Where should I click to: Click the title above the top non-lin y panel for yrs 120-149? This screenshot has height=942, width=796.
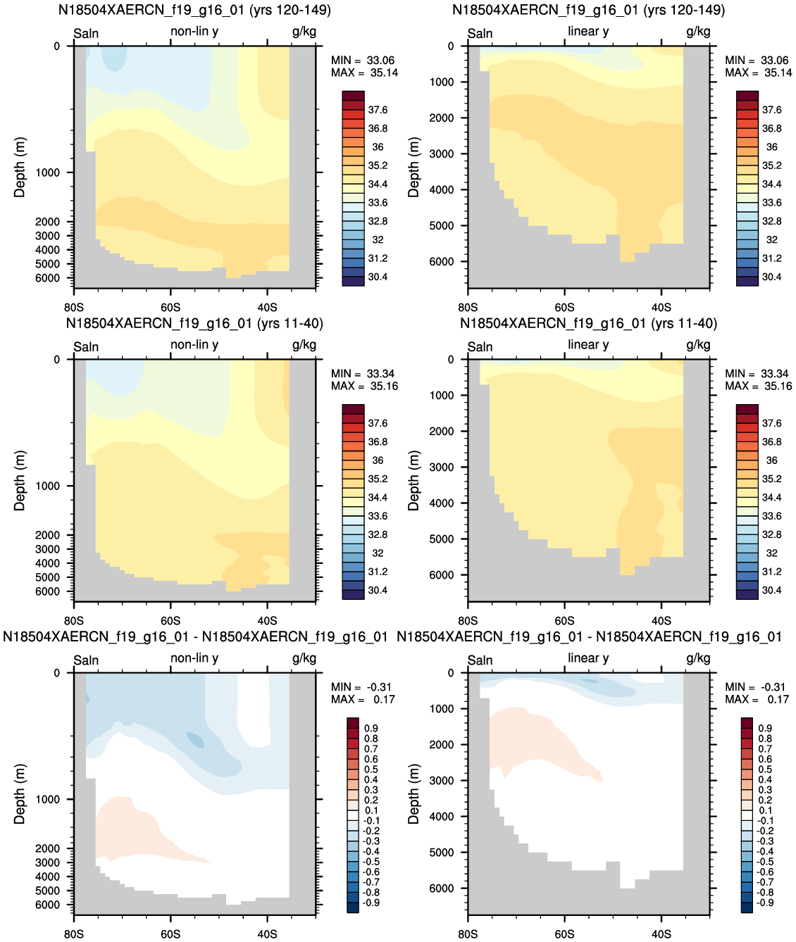click(194, 10)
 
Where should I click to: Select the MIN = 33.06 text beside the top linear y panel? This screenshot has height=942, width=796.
click(758, 61)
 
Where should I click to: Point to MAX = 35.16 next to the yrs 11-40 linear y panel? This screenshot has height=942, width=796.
click(758, 387)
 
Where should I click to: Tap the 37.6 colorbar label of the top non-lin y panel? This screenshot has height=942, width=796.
click(378, 110)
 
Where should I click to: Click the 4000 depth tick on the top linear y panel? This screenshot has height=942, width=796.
click(441, 190)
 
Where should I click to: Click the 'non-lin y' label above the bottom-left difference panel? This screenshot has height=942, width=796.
click(194, 658)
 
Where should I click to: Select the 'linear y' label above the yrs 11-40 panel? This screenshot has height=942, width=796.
click(588, 345)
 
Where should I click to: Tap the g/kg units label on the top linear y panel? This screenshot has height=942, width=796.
click(698, 32)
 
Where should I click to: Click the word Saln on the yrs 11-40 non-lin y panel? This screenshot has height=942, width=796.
click(86, 347)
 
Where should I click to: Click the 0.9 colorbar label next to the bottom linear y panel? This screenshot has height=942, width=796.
click(765, 729)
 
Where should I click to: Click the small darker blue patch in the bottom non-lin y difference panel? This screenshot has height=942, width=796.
click(196, 740)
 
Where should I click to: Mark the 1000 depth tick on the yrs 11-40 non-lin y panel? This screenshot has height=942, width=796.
click(47, 486)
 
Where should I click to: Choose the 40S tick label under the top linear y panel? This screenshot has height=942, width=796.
click(661, 308)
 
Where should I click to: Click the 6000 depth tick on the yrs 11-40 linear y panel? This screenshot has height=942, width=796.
click(441, 575)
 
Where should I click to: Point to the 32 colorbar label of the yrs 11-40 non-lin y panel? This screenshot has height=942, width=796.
click(378, 553)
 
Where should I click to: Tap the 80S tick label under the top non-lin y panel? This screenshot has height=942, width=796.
click(73, 308)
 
